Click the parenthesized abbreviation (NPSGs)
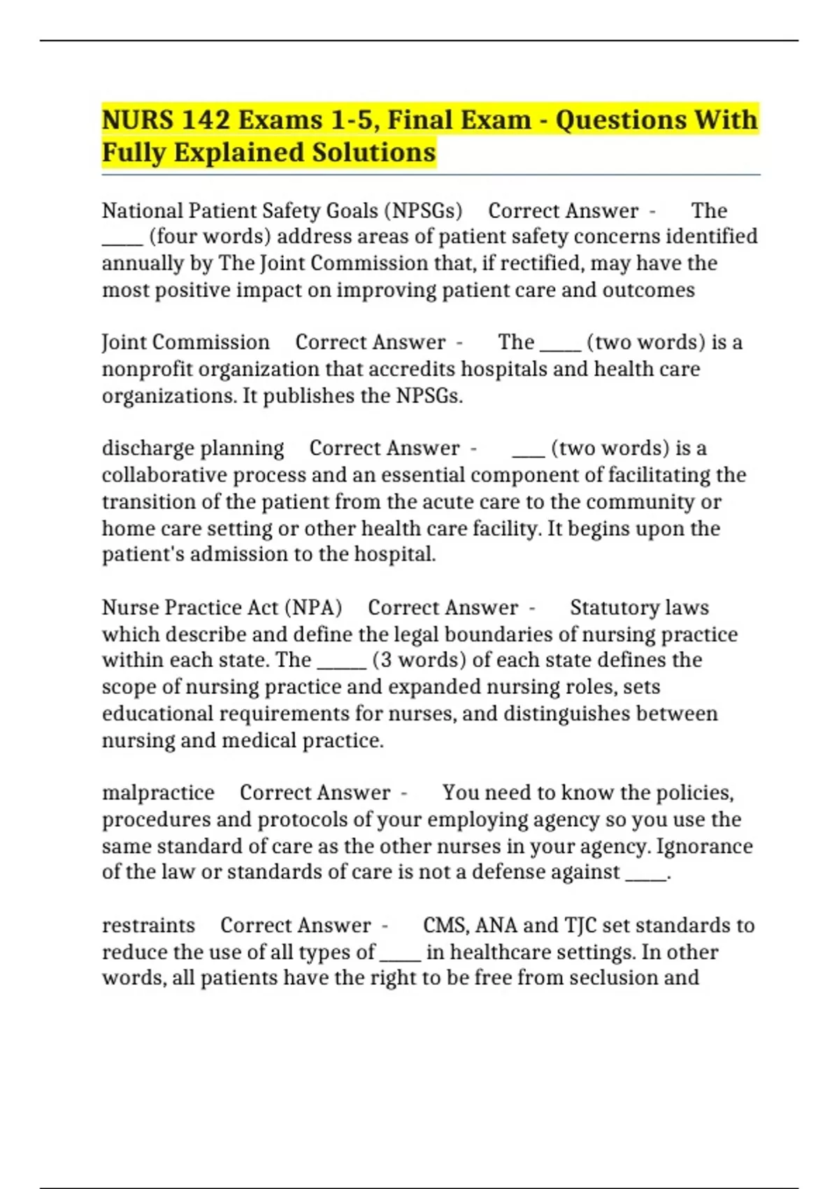(x=426, y=211)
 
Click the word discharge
(x=145, y=448)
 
